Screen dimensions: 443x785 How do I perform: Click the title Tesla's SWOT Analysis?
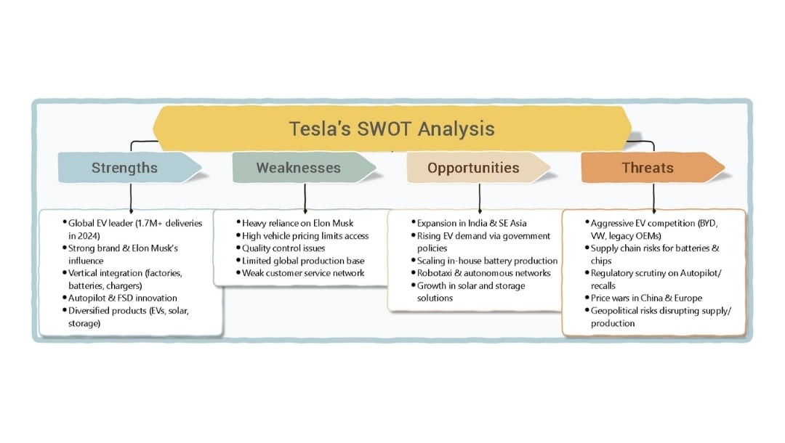click(x=392, y=129)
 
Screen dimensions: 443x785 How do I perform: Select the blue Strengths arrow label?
click(x=124, y=168)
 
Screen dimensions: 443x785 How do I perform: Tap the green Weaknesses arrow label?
click(x=298, y=168)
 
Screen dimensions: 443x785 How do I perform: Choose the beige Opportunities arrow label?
click(x=473, y=168)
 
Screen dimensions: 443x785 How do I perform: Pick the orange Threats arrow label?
click(x=647, y=168)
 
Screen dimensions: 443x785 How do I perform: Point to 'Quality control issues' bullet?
click(x=283, y=248)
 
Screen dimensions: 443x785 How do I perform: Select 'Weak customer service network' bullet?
click(x=303, y=273)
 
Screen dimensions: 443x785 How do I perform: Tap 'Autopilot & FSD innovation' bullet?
click(x=122, y=298)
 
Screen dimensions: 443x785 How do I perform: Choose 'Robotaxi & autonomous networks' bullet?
click(x=483, y=273)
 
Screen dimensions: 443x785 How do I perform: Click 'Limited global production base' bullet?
click(x=303, y=261)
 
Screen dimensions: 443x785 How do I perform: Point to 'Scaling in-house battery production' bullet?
click(x=487, y=261)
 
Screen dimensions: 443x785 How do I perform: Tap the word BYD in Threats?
click(x=706, y=224)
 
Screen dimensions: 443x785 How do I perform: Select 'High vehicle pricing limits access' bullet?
click(x=305, y=236)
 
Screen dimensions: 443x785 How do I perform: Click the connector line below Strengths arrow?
click(x=131, y=196)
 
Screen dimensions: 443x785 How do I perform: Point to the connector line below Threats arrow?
click(x=654, y=196)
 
